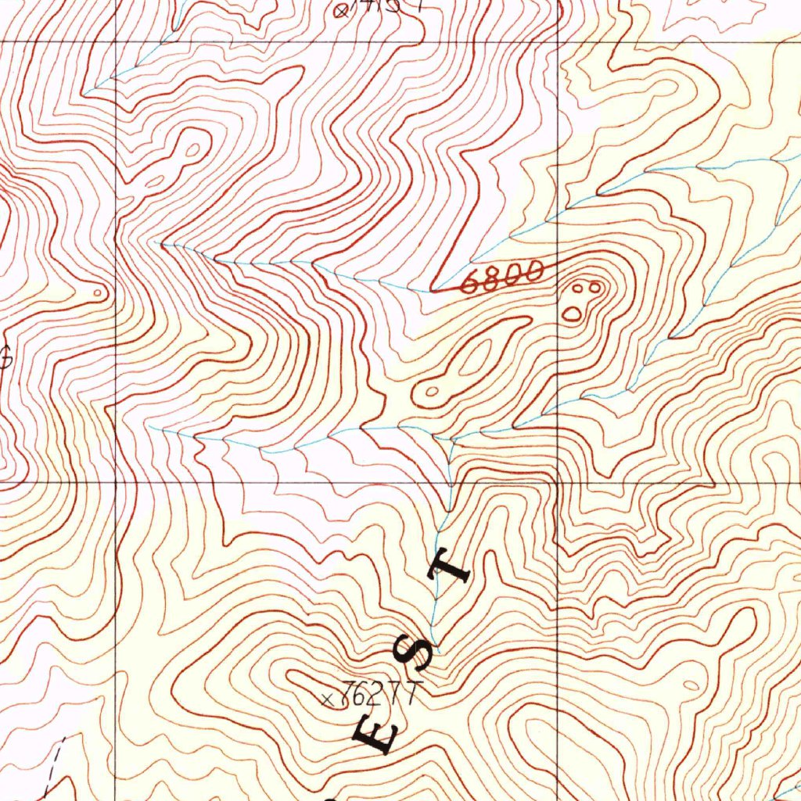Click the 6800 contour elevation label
pyautogui.click(x=502, y=278)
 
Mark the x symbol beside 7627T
pyautogui.click(x=329, y=698)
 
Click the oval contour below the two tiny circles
pyautogui.click(x=573, y=314)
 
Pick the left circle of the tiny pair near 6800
pyautogui.click(x=580, y=289)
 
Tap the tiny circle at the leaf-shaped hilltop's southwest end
pyautogui.click(x=430, y=391)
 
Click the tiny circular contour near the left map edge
pyautogui.click(x=98, y=293)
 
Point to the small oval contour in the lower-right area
pyautogui.click(x=691, y=685)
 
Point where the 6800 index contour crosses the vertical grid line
pyautogui.click(x=557, y=265)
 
